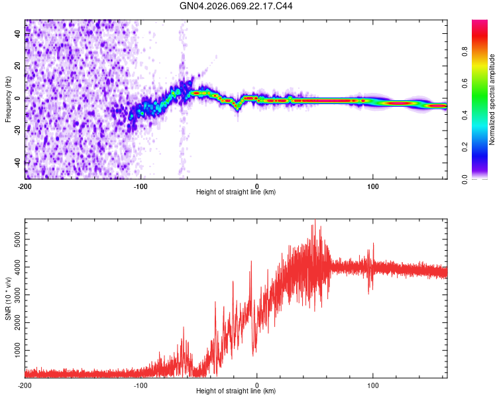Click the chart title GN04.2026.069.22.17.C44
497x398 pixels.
click(237, 6)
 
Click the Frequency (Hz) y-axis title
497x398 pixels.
click(8, 99)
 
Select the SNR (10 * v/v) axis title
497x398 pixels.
click(8, 298)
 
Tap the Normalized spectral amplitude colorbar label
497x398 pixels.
click(492, 99)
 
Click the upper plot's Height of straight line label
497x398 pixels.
click(236, 192)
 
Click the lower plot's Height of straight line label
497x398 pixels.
click(236, 391)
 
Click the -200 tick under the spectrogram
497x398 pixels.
click(25, 185)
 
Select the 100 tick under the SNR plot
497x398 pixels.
click(372, 385)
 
